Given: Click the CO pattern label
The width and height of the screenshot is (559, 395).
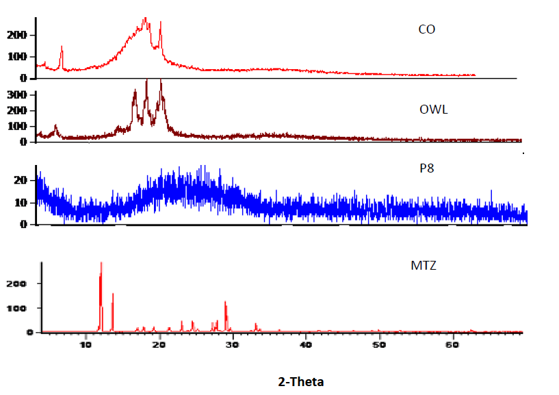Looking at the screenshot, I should point(426,30).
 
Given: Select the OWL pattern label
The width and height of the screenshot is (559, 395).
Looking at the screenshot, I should point(433,110).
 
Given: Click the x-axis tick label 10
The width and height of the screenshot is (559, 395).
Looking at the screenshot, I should point(86,344).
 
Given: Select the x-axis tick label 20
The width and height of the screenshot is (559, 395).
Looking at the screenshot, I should point(159,344).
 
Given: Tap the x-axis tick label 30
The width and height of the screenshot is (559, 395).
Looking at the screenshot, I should point(233,344).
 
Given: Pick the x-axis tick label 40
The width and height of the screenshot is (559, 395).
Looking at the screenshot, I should point(305,344).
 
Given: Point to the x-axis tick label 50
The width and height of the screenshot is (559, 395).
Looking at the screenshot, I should point(378,344).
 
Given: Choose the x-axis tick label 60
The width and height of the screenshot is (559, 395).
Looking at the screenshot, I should point(452,344).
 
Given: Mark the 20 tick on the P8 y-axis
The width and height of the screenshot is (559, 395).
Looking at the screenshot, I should point(21,180).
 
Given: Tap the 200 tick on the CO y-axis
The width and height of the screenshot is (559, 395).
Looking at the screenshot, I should point(18,35).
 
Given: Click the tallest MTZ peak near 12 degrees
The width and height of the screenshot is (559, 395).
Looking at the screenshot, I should point(101,264).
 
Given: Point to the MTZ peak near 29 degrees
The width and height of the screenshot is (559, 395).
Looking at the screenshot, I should point(225,302).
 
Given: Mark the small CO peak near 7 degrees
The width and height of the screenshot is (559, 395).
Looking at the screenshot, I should point(62,47).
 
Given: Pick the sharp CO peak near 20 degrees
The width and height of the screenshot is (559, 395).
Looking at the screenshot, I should point(160,23).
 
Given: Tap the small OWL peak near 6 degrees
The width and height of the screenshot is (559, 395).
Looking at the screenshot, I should point(55,126).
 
